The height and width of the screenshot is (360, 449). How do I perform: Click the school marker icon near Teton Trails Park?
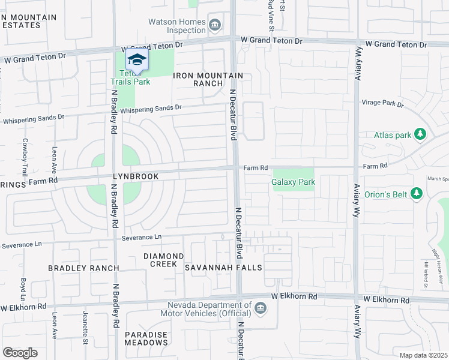point(137,61)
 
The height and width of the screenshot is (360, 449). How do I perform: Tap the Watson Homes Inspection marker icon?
point(215,25)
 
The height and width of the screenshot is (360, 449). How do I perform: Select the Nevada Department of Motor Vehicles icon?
point(260,308)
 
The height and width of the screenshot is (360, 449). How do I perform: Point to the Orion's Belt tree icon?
point(417,193)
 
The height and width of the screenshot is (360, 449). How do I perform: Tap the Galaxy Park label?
point(293,182)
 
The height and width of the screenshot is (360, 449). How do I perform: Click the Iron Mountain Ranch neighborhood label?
point(208,79)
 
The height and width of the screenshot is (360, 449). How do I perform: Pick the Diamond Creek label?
point(160,260)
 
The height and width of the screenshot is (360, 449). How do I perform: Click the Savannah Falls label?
point(223,267)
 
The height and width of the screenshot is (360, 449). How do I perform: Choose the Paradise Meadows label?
point(146,338)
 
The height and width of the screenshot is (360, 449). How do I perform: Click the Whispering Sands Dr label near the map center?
point(151,109)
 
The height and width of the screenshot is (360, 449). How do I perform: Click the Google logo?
point(20,353)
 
